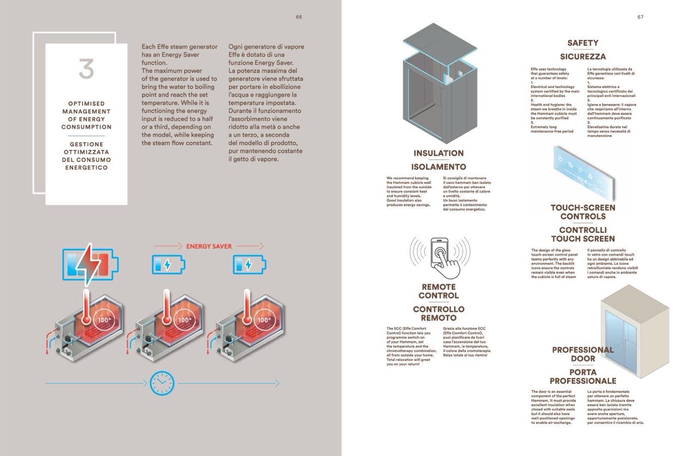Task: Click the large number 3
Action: [86, 69]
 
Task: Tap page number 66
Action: [299, 17]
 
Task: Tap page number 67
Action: [640, 17]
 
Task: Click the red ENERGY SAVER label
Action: [209, 246]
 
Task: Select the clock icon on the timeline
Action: [162, 383]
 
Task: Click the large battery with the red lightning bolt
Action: [90, 263]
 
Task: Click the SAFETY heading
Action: [583, 43]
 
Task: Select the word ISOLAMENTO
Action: [439, 167]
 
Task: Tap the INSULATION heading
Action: [439, 153]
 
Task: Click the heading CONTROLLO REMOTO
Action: [439, 313]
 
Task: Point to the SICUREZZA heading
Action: [583, 56]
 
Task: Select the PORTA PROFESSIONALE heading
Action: [583, 376]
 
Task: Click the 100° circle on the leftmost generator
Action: [104, 320]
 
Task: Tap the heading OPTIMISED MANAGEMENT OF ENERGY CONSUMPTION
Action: [86, 115]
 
